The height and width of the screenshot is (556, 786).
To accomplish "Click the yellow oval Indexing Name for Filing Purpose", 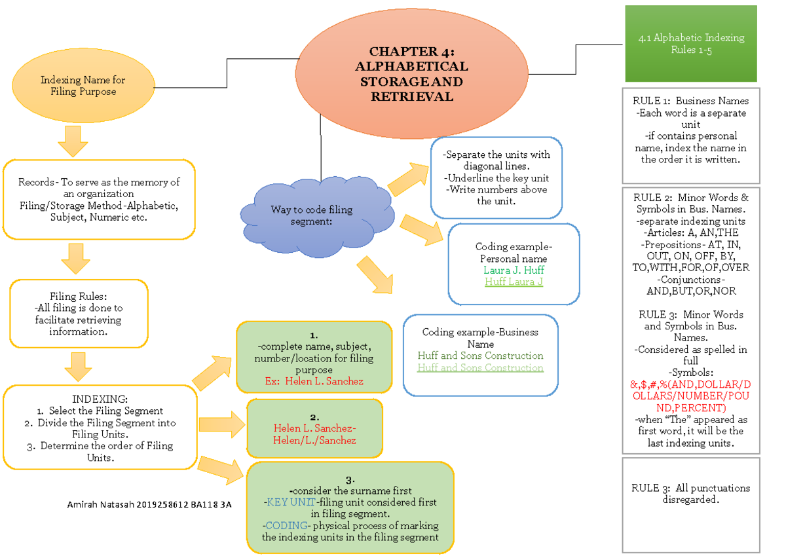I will (83, 86).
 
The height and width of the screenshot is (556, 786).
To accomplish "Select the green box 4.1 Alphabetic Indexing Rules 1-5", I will (691, 43).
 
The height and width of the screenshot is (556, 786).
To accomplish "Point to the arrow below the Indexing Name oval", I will (73, 140).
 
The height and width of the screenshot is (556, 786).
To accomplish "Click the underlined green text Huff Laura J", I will (514, 282).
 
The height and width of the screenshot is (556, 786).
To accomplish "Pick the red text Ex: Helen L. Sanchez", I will (314, 381).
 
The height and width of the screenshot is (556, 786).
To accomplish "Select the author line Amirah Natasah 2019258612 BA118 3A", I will (149, 505).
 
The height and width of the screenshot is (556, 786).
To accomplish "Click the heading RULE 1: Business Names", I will (690, 101).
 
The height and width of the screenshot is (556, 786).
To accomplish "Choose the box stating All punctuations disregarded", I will (690, 494).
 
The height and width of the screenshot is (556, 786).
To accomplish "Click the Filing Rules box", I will (79, 314).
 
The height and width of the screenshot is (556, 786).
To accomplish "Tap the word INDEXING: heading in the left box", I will (100, 399).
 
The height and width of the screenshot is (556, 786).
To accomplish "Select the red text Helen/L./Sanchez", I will (314, 440).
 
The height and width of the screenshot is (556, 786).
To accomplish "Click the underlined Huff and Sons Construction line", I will (480, 368).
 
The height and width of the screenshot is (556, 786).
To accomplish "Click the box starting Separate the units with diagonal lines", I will (496, 178).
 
